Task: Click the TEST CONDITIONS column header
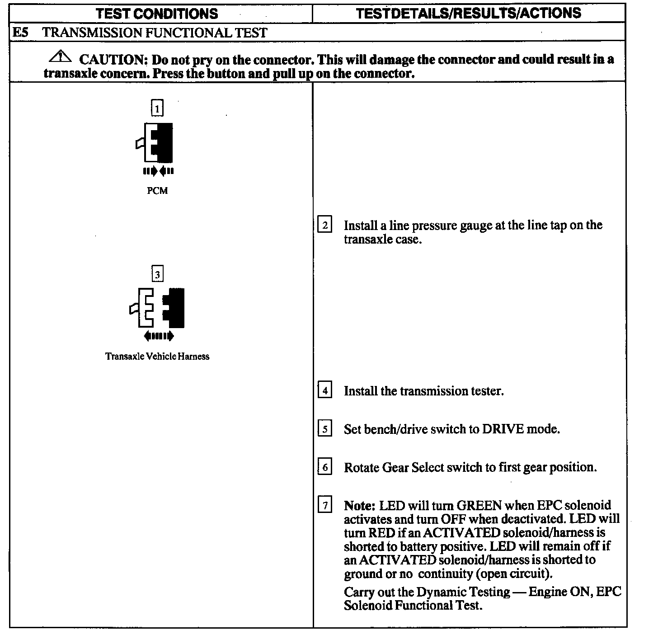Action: (x=157, y=14)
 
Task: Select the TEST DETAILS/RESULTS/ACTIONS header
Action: (x=468, y=14)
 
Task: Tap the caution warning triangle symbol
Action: (x=60, y=57)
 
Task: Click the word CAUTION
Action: (x=112, y=60)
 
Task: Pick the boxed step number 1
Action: (x=157, y=108)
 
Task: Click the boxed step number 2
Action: (x=325, y=225)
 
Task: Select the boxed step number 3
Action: (x=157, y=274)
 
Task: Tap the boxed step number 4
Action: (x=325, y=390)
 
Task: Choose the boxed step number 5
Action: (x=325, y=428)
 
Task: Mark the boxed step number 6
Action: (x=325, y=467)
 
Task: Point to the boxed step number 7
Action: (x=325, y=505)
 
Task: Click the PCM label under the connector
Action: (x=157, y=191)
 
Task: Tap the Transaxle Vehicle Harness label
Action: (x=157, y=357)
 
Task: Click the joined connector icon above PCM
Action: (x=155, y=142)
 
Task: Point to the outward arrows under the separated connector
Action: (x=158, y=336)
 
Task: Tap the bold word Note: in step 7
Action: (x=360, y=505)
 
